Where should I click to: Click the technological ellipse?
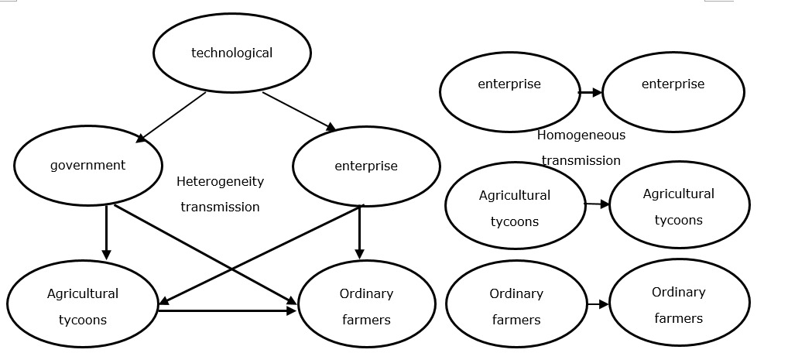pos(232,53)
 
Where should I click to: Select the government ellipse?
pos(88,165)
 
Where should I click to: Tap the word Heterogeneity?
pos(220,182)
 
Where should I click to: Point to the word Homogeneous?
pos(581,135)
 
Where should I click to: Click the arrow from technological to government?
pos(172,117)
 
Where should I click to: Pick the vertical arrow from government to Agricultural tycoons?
pos(107,232)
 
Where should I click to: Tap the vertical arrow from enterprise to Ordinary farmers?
pos(359,232)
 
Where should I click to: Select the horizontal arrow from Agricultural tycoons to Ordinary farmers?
pos(227,310)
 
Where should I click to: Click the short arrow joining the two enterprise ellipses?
pos(590,92)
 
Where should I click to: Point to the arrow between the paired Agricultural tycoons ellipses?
pos(597,204)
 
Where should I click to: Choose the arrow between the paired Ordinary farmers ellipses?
pos(598,304)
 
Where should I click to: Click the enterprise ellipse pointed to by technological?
pos(366,166)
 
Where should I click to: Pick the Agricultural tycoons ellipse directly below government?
pos(83,306)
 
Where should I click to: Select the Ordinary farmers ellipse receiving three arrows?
pos(366,306)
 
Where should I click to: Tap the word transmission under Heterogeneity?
pos(220,207)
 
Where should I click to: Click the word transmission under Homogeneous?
pos(581,161)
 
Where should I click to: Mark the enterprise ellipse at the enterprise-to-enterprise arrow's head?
pos(673,91)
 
